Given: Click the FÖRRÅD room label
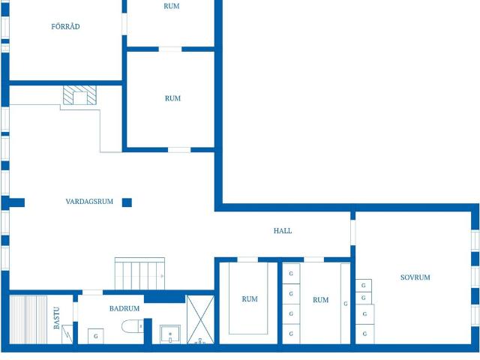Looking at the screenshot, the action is click(65, 27).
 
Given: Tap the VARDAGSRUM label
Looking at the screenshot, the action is click(89, 202).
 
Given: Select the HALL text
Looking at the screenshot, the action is click(283, 230).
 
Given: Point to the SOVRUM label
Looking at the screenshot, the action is click(415, 277).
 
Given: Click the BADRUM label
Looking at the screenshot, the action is click(124, 308).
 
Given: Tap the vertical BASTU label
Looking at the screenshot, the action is click(57, 318).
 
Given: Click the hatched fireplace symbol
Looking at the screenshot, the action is click(79, 95).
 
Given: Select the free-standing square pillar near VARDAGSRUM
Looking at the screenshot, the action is click(127, 202).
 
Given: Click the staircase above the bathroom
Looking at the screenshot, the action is click(140, 274).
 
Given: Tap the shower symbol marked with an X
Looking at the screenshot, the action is click(200, 319).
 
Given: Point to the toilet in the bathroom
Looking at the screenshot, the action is click(133, 326).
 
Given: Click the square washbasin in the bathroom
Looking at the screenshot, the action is click(170, 334).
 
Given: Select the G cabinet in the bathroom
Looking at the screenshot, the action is click(96, 336).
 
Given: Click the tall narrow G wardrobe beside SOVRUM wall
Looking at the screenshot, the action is click(346, 303).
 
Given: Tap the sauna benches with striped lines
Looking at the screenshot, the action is click(28, 319).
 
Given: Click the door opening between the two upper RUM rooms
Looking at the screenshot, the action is click(170, 49).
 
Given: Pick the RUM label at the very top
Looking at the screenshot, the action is click(172, 6).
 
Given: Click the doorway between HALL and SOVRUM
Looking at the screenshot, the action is click(353, 232).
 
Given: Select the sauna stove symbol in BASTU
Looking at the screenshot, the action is click(67, 334).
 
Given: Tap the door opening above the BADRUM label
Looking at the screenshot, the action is click(93, 292).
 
